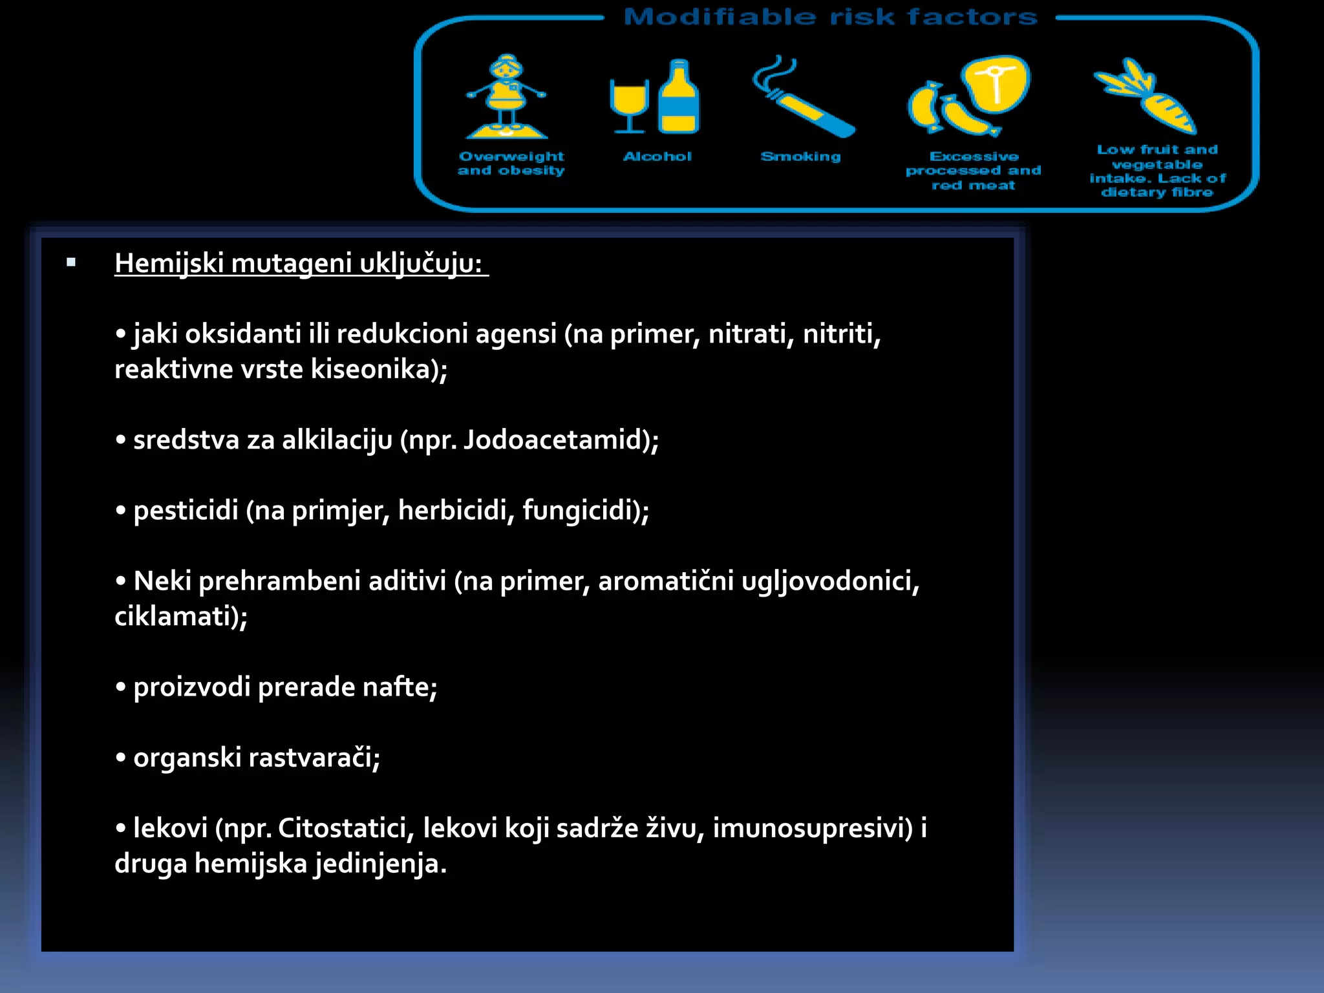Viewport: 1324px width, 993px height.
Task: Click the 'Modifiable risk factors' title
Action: [830, 17]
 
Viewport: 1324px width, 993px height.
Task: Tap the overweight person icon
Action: [507, 97]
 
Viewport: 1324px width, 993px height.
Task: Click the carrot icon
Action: [1148, 97]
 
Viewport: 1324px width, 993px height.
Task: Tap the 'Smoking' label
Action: [800, 156]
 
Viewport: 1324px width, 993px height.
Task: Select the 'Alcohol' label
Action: [657, 156]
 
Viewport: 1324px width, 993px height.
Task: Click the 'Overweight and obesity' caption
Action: [511, 164]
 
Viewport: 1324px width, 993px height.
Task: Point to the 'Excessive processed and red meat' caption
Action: [974, 171]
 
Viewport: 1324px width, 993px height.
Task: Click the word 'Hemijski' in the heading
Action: [169, 264]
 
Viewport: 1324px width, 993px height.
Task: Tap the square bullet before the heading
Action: [71, 262]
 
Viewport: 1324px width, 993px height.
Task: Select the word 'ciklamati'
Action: [173, 617]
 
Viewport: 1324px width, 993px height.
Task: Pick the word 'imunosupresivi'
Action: [807, 828]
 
